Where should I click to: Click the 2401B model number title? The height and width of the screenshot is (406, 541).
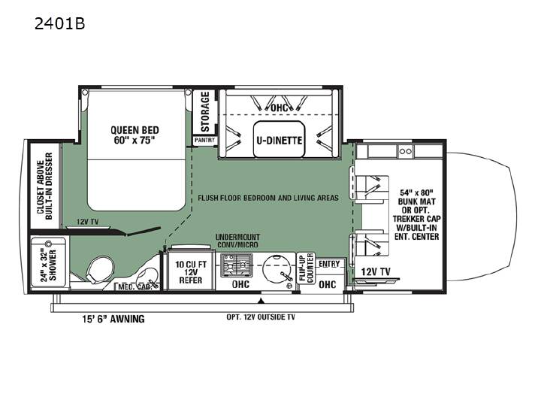click(x=59, y=24)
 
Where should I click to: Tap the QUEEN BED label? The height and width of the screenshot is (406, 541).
click(x=135, y=130)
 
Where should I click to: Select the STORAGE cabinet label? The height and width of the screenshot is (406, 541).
click(x=205, y=111)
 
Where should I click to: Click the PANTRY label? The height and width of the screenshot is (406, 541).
click(x=204, y=140)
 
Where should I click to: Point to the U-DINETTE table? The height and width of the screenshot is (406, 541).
click(x=280, y=139)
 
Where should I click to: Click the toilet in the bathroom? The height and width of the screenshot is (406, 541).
click(x=99, y=269)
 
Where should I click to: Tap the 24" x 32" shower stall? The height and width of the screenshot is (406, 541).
click(x=48, y=262)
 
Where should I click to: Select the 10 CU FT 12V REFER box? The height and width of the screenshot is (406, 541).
click(x=191, y=272)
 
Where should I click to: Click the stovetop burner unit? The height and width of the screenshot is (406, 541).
click(x=237, y=265)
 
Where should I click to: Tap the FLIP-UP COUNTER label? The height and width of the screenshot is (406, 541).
click(x=306, y=268)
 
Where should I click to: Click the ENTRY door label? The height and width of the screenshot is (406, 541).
click(x=329, y=264)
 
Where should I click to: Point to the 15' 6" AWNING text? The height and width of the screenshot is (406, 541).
click(x=113, y=319)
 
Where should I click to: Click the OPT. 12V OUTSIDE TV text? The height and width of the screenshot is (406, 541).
click(x=261, y=317)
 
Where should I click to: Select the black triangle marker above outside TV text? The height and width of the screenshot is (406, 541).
click(x=261, y=301)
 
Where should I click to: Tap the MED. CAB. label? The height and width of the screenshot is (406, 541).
click(x=135, y=286)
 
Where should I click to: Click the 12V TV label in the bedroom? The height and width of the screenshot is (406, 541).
click(x=87, y=222)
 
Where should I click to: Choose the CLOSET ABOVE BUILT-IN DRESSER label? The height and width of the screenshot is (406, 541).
click(x=44, y=186)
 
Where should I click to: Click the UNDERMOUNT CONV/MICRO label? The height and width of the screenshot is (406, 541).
click(x=237, y=241)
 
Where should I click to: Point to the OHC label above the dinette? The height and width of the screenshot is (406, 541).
click(x=279, y=108)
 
